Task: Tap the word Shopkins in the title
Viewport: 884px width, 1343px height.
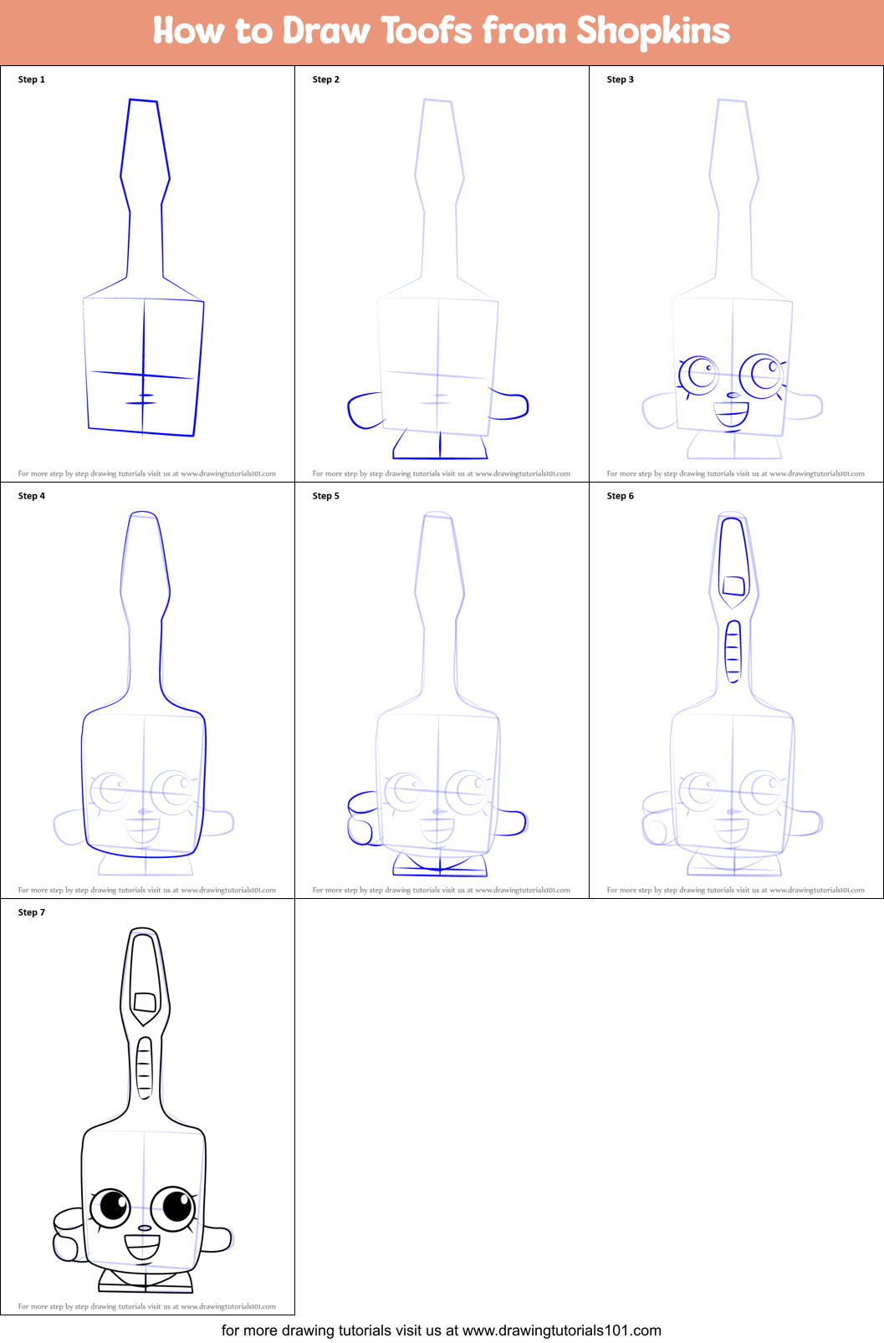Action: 653,31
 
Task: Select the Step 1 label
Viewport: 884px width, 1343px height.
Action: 32,79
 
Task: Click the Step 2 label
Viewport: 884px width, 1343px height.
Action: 326,79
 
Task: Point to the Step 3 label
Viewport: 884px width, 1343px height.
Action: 621,79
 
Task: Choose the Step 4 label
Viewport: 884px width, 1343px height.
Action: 32,496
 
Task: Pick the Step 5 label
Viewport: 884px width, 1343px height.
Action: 326,496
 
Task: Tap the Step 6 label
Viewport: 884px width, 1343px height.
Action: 621,496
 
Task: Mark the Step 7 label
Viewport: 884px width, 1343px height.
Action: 32,912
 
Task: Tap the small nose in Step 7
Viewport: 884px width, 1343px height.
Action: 145,1228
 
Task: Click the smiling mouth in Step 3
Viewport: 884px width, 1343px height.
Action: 731,414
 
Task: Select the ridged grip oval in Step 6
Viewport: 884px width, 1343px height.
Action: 733,651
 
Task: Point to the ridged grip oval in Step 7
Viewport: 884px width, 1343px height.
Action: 144,1068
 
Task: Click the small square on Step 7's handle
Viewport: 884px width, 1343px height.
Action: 145,1002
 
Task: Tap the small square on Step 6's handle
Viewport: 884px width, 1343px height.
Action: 733,585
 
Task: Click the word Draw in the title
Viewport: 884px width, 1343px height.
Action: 326,31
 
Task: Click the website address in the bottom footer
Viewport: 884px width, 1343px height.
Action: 562,1330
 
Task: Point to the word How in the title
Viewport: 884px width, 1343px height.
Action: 189,31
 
